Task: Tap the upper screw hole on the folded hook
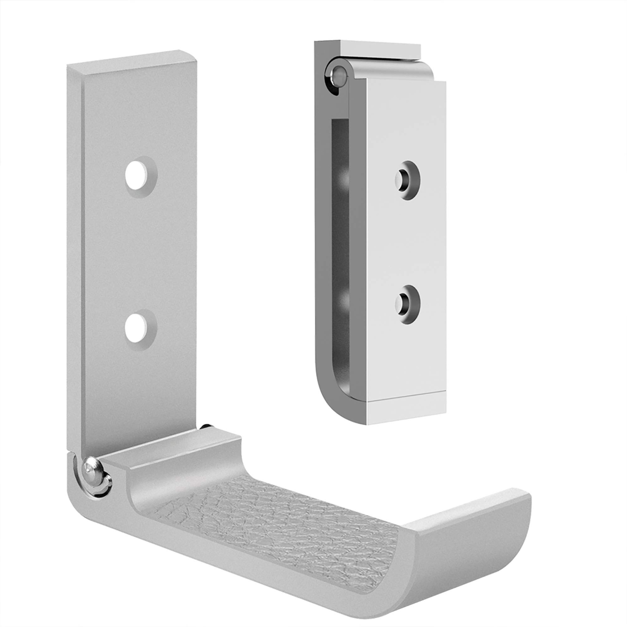[405, 178]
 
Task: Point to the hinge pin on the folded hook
[337, 75]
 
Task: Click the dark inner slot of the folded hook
[341, 251]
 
